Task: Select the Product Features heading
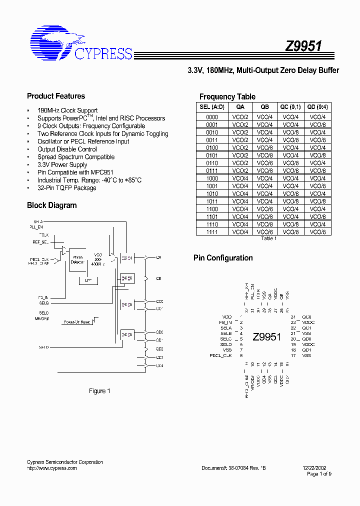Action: (x=56, y=96)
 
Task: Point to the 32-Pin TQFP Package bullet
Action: (x=67, y=188)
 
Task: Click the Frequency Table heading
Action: (x=227, y=97)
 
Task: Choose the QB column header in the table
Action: (x=264, y=106)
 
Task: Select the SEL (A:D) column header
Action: (x=212, y=106)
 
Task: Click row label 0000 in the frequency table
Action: (x=212, y=116)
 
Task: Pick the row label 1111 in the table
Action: (x=212, y=232)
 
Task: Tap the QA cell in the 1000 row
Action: (x=240, y=178)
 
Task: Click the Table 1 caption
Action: (x=268, y=238)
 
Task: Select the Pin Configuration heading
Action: (x=223, y=258)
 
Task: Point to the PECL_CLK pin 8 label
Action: (x=220, y=355)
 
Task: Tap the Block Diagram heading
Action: (x=52, y=205)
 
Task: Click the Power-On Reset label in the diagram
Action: (x=77, y=322)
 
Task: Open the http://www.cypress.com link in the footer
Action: (x=51, y=468)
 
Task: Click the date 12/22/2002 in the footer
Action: (x=315, y=468)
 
